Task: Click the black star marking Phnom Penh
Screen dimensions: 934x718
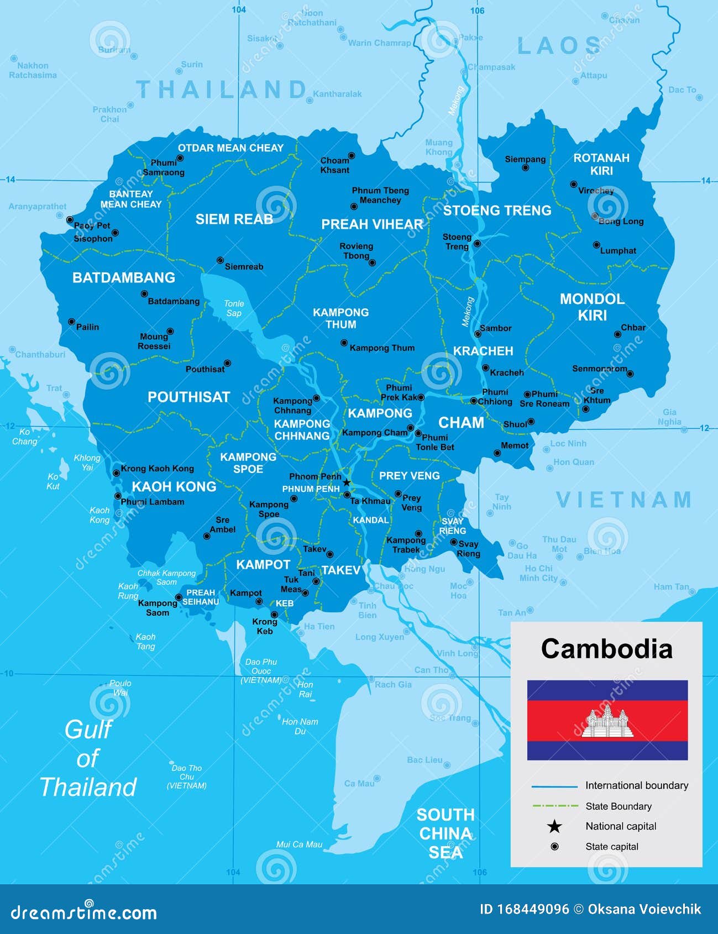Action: (347, 482)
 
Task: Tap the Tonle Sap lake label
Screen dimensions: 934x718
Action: (234, 308)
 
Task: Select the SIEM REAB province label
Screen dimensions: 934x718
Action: (234, 219)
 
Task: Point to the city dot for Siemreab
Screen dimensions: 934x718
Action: (220, 260)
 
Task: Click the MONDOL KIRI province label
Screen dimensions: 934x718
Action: (592, 307)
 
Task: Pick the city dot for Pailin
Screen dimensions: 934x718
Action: (71, 322)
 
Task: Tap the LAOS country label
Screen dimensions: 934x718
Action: (559, 46)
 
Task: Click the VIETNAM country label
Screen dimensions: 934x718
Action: (624, 500)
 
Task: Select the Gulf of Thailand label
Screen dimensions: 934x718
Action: (88, 758)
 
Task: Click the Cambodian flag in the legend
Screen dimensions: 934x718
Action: (607, 720)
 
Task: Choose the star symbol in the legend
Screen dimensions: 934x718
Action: (554, 826)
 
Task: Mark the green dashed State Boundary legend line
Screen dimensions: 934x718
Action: (554, 806)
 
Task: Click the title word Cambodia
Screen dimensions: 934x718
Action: (606, 649)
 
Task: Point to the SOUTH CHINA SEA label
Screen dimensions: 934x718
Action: (446, 833)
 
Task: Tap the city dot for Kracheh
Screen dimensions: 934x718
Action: (485, 368)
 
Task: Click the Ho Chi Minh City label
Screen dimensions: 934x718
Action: (538, 573)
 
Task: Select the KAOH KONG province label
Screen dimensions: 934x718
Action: (174, 486)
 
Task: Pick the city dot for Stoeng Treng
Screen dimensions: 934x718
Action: (477, 243)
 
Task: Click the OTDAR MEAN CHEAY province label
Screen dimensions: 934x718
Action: (230, 148)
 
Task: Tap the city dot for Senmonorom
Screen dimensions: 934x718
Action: (630, 374)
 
